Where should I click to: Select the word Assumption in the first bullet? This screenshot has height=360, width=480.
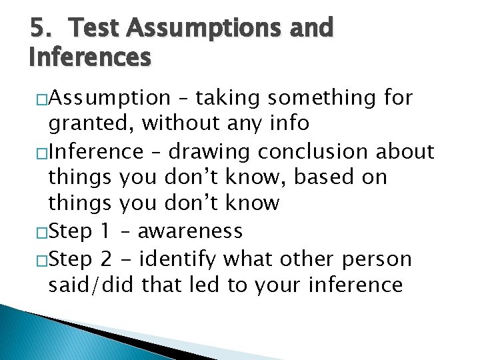110,99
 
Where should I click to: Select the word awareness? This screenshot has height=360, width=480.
190,231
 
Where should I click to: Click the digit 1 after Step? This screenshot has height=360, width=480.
104,231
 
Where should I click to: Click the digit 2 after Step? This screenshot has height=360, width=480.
105,258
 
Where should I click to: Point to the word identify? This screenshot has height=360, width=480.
181,259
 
